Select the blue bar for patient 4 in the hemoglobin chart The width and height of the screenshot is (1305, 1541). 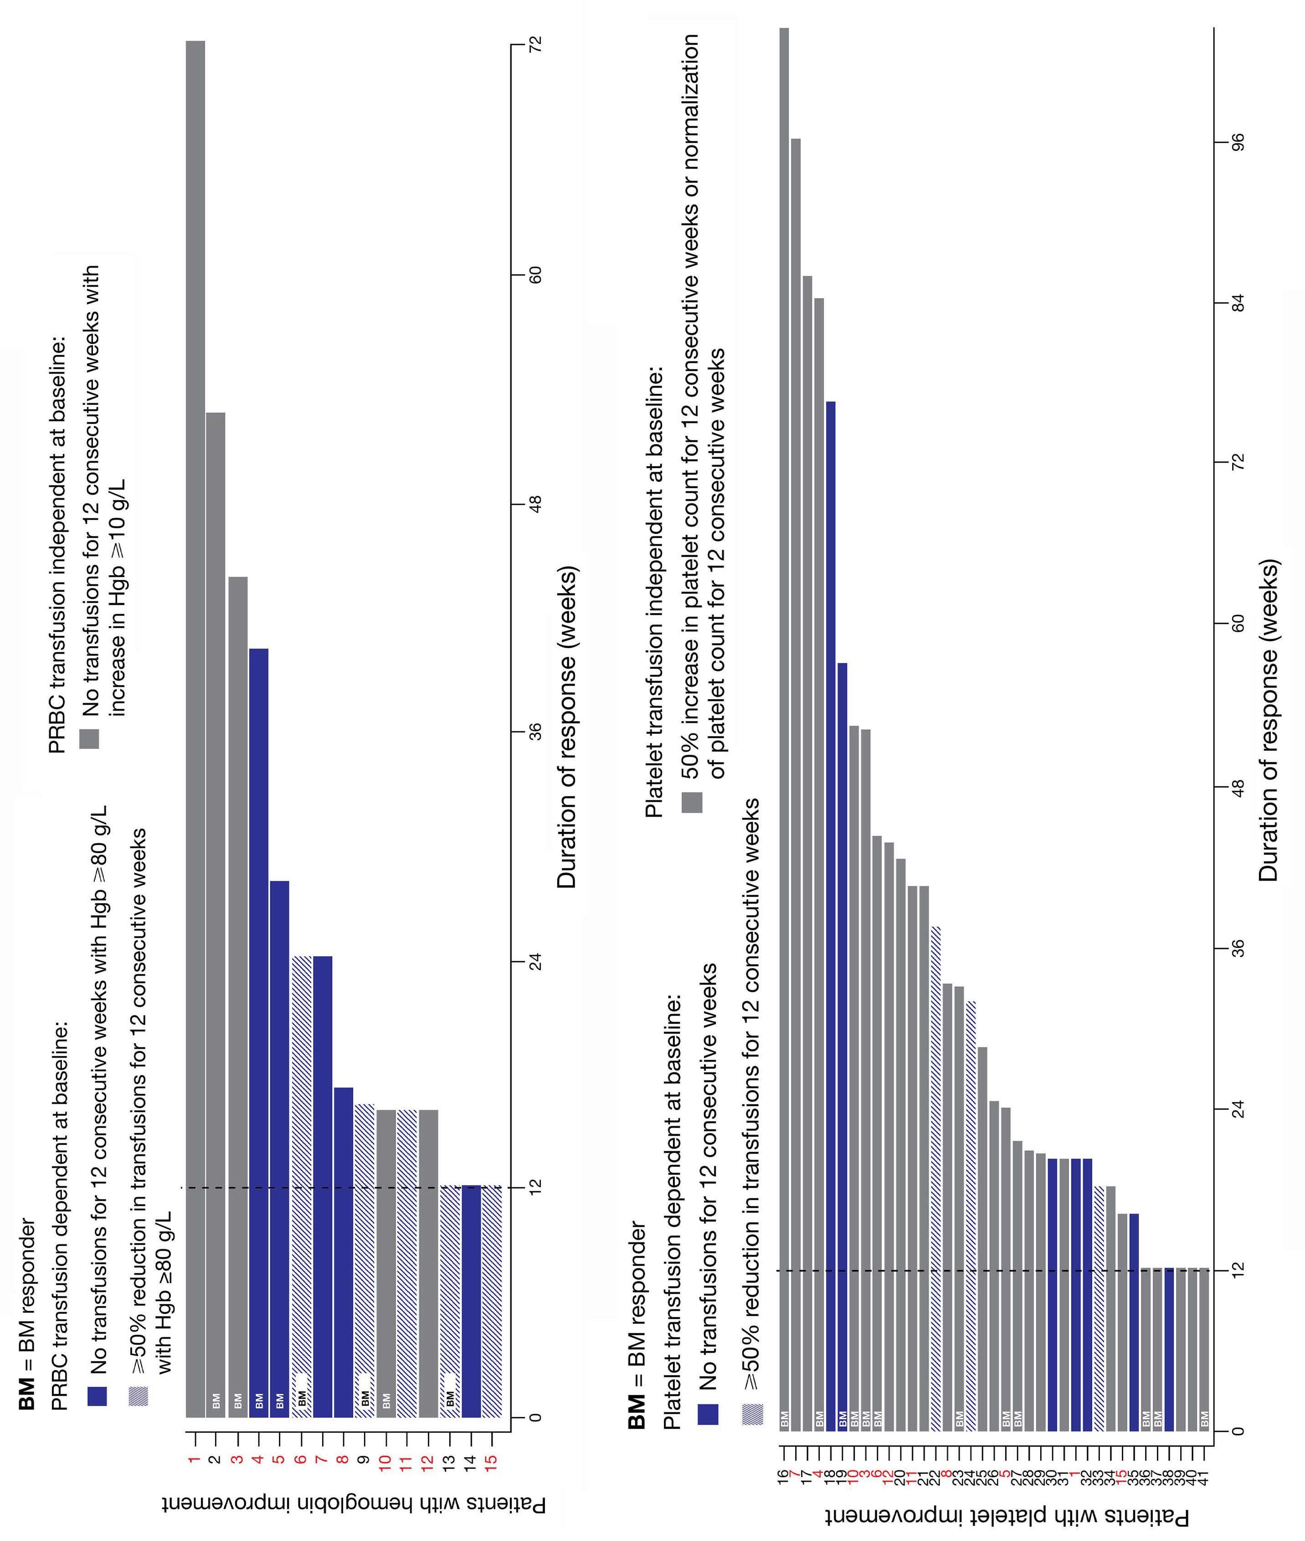[x=259, y=1036]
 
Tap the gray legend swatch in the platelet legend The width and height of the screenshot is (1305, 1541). [x=692, y=803]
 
